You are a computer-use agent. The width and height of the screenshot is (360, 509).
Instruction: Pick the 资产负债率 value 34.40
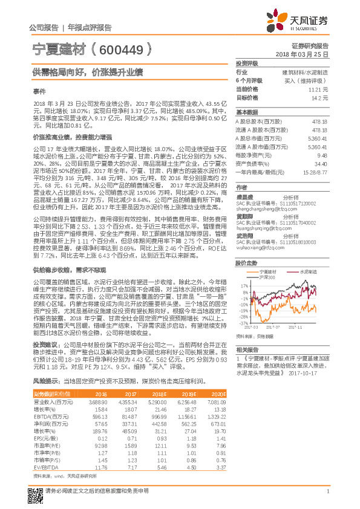320,164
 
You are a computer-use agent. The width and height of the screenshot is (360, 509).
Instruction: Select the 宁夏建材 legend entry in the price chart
269,273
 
